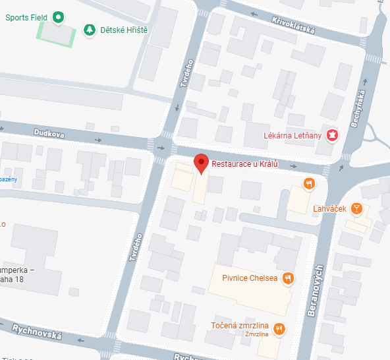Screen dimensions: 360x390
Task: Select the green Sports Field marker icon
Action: [58, 17]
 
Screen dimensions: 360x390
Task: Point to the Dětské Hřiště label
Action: [124, 30]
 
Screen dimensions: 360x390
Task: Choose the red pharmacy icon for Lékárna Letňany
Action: [333, 135]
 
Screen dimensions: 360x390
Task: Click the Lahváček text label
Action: [330, 209]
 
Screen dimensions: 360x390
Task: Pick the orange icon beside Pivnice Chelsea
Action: [287, 278]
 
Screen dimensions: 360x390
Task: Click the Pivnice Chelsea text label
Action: [248, 278]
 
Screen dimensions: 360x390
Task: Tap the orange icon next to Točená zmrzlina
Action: [279, 328]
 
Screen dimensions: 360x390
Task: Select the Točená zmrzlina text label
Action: [240, 326]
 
